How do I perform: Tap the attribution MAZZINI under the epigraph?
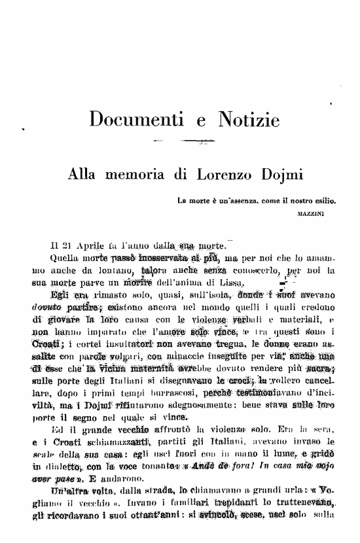(x=316, y=213)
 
